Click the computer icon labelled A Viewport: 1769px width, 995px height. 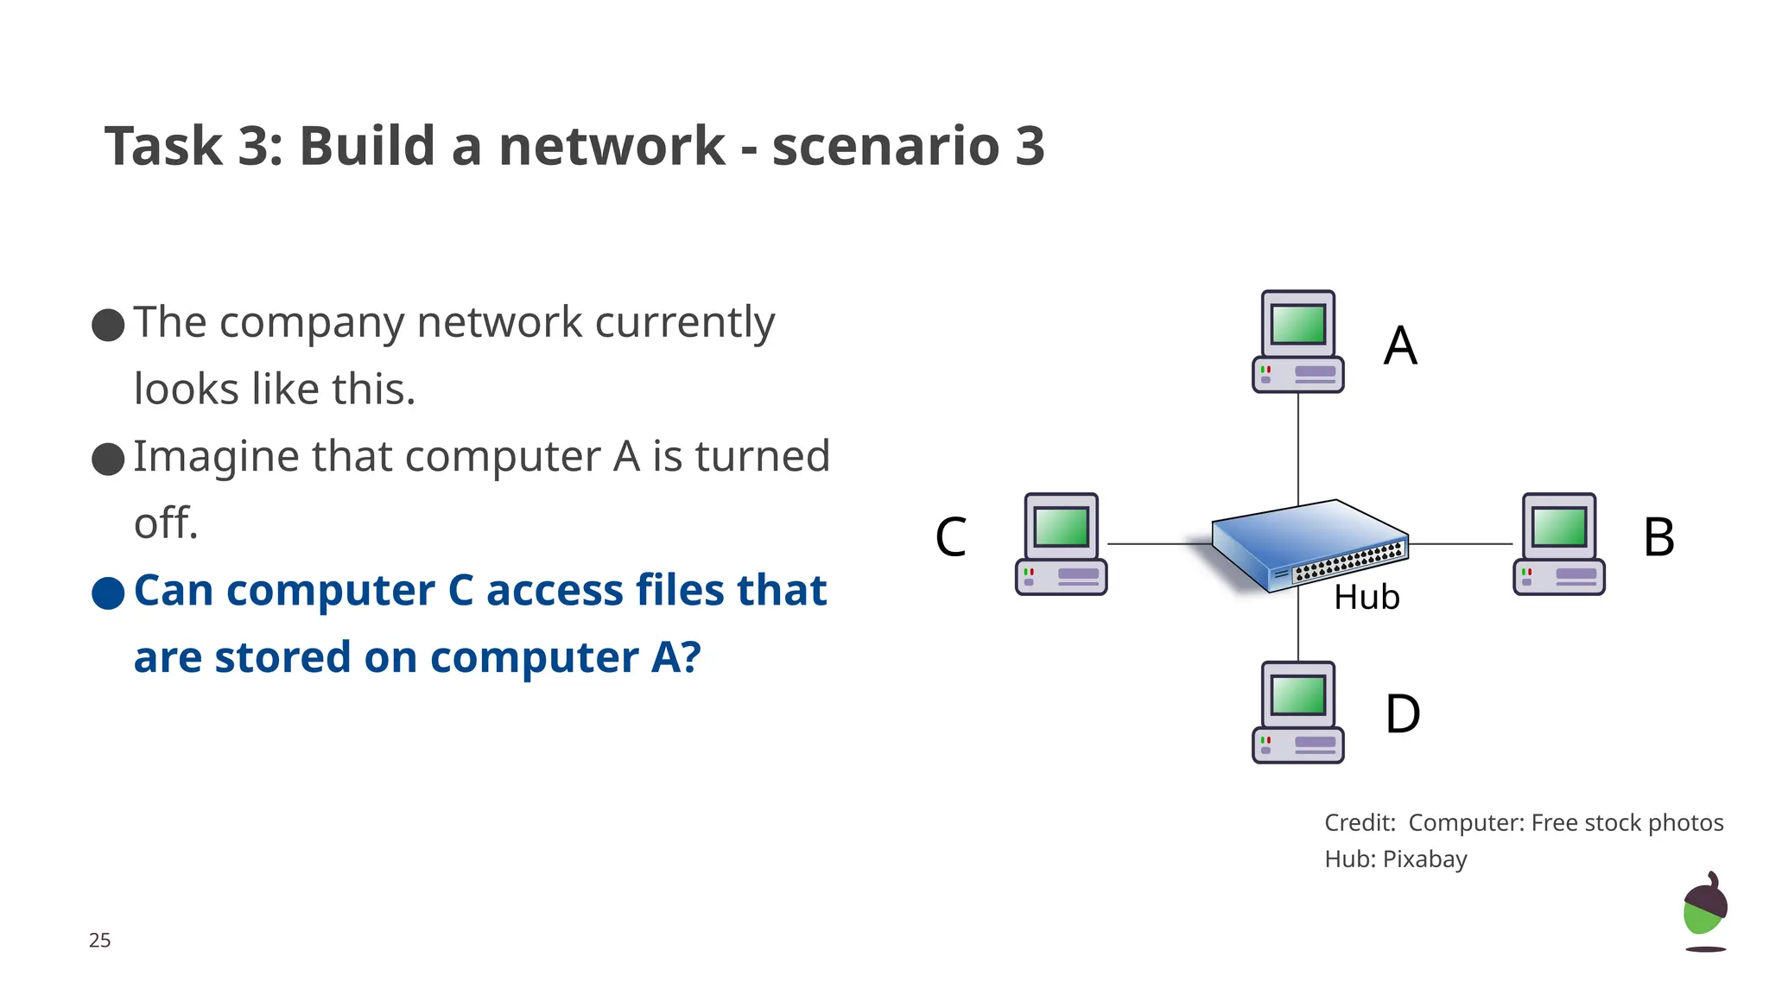[x=1297, y=342]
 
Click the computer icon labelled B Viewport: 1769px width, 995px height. [x=1558, y=544]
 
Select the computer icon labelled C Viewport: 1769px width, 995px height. [x=1061, y=544]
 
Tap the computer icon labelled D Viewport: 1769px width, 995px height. [x=1297, y=713]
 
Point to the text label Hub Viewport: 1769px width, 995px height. [x=1366, y=598]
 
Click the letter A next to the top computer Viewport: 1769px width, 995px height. [x=1400, y=346]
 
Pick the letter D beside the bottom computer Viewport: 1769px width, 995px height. [x=1402, y=714]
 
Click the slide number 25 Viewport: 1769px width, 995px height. [x=99, y=941]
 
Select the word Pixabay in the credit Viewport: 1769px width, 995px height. [x=1424, y=859]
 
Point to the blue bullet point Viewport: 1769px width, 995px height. [x=108, y=593]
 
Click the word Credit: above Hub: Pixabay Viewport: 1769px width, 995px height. [x=1360, y=823]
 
